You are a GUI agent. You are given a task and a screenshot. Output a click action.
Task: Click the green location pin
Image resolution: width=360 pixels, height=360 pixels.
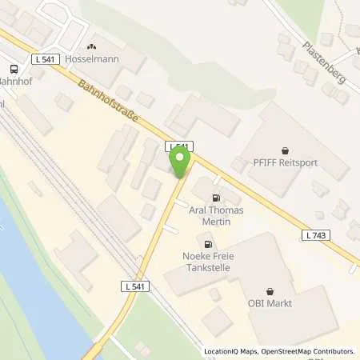pos(180,163)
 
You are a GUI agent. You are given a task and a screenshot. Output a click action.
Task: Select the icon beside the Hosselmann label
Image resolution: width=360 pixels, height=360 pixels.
pos(92,48)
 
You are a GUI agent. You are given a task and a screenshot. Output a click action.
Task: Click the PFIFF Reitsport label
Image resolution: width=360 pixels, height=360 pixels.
pos(286,163)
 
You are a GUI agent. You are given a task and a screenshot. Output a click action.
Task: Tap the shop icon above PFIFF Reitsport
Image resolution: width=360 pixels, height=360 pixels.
pos(286,150)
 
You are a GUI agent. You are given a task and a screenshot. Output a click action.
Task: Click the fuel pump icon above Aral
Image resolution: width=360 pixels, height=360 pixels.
pos(215,198)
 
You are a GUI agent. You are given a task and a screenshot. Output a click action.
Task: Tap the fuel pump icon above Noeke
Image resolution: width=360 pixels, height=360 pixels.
pos(208,245)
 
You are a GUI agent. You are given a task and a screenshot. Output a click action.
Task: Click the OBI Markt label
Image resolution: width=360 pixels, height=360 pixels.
pos(270,303)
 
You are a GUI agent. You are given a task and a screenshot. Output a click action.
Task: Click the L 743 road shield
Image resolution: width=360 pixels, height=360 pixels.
pos(315,234)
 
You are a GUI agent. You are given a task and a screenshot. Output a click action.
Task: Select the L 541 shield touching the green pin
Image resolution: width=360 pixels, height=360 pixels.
pos(179,146)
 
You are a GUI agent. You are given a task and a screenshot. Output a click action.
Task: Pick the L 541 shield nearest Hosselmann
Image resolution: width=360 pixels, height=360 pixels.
pos(46,59)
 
